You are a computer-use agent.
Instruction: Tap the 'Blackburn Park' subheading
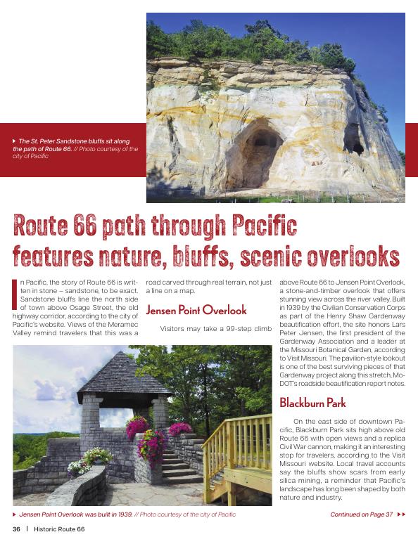click(x=313, y=403)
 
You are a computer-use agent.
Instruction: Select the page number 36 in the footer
click(x=15, y=529)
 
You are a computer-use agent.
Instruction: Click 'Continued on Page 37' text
click(x=361, y=514)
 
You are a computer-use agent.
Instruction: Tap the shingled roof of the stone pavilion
click(x=115, y=376)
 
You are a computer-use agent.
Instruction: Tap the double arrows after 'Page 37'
click(x=402, y=514)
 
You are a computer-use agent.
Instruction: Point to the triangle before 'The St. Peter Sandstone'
click(x=15, y=141)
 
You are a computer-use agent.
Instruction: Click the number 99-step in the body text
click(x=241, y=328)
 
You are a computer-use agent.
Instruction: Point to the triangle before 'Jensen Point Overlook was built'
click(x=15, y=514)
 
